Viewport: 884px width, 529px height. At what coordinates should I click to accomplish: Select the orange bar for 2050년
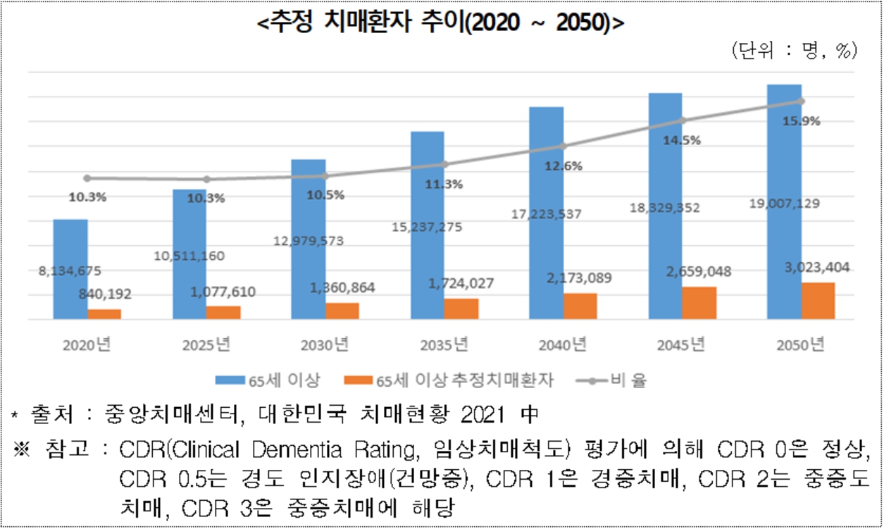coord(818,301)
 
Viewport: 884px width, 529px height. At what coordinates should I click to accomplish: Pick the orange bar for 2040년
coord(580,306)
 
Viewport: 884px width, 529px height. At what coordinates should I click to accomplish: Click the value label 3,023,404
coord(817,268)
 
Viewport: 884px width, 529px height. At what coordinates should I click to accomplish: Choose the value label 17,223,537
coord(546,214)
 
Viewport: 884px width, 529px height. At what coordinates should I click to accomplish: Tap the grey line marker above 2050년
coord(802,101)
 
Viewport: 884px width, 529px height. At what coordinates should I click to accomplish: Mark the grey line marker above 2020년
coord(87,178)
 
